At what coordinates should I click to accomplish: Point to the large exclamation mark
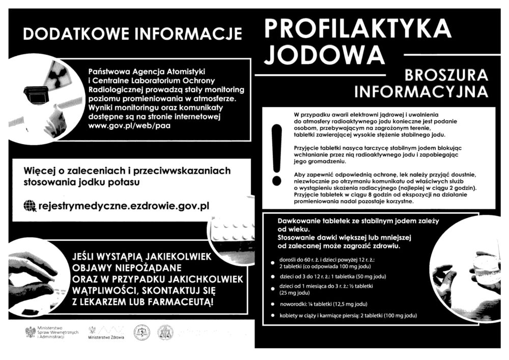pyautogui.click(x=277, y=153)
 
